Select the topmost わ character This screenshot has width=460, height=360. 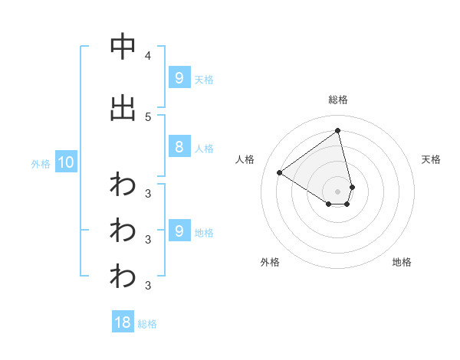[x=123, y=185]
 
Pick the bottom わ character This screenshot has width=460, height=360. [x=123, y=277]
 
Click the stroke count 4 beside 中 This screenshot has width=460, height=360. [x=147, y=56]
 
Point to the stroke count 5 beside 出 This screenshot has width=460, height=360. [x=147, y=117]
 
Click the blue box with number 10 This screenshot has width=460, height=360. [x=65, y=162]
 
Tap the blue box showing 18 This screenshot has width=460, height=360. [x=123, y=322]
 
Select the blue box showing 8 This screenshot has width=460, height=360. [x=179, y=147]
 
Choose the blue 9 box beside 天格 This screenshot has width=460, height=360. [x=179, y=77]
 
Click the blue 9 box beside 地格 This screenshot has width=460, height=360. [x=179, y=231]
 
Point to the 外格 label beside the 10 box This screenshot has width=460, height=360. [x=41, y=163]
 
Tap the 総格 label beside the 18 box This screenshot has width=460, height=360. [x=147, y=324]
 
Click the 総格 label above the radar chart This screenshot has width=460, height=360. [x=338, y=100]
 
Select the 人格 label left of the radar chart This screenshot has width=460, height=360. [x=245, y=159]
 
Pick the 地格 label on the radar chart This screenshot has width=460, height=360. [x=402, y=262]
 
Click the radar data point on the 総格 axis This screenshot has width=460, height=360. [x=337, y=130]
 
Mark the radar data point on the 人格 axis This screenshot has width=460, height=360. [x=280, y=172]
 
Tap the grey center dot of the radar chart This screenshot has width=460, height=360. [x=338, y=191]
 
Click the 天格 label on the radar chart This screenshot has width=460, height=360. [x=431, y=159]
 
